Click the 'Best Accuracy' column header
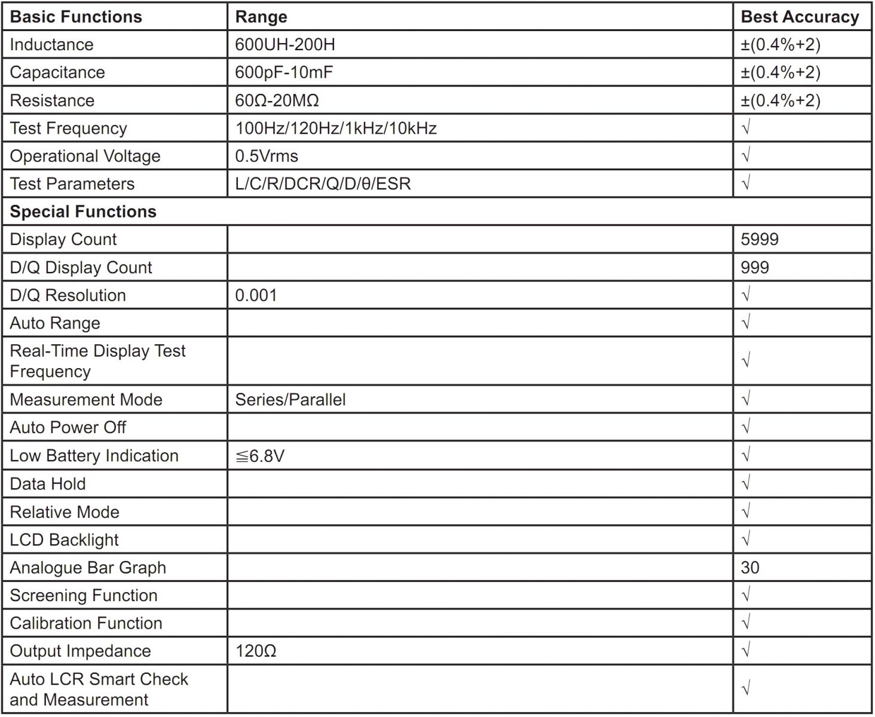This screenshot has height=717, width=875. point(800,17)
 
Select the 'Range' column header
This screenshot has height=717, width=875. point(261,17)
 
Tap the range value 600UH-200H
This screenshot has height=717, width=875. point(284,45)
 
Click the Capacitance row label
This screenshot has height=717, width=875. point(57,72)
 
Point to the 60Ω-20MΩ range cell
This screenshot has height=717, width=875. point(277,100)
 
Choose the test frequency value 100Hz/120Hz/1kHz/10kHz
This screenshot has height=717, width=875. point(336,128)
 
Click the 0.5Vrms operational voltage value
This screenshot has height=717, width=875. point(267,156)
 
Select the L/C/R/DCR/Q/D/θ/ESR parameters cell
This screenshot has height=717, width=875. point(323,184)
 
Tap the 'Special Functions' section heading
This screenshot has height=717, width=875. point(83,212)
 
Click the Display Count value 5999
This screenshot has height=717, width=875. point(760,240)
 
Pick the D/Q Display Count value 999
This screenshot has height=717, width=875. point(755,268)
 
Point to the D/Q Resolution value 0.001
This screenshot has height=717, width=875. point(256,295)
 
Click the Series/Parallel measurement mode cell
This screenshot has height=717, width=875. point(290,400)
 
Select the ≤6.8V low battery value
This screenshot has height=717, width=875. point(260,456)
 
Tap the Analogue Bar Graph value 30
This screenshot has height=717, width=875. point(750,568)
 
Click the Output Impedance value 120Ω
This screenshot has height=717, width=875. point(256,651)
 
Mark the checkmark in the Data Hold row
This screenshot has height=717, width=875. point(745,483)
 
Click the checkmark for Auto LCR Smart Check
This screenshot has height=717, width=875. point(745,689)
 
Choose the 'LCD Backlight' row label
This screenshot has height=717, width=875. point(65,540)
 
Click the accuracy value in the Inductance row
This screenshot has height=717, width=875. point(781,45)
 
